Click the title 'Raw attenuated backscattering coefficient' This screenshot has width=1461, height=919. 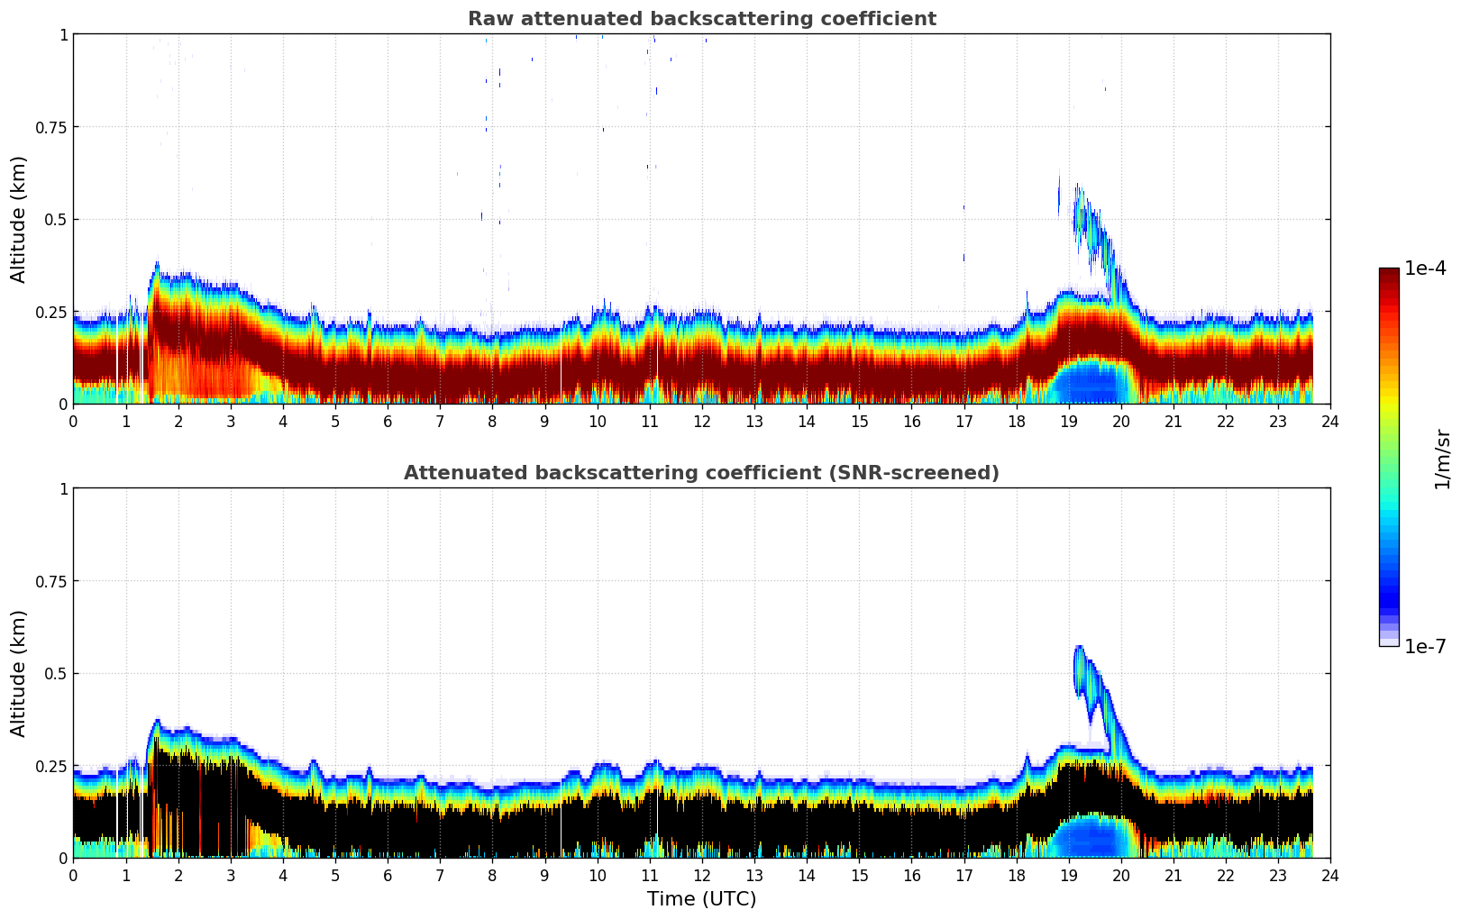[x=701, y=19]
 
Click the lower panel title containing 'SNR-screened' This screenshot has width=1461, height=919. [x=701, y=473]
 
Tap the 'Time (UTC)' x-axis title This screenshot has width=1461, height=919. [x=701, y=899]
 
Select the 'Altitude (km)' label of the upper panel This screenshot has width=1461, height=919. [x=19, y=219]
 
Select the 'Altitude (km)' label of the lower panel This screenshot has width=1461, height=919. [x=19, y=673]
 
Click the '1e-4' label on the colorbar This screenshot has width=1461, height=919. [x=1425, y=268]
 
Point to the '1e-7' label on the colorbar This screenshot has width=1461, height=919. [x=1425, y=646]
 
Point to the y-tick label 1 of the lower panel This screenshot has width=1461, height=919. [x=63, y=489]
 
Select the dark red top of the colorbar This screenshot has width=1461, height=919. [x=1389, y=275]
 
